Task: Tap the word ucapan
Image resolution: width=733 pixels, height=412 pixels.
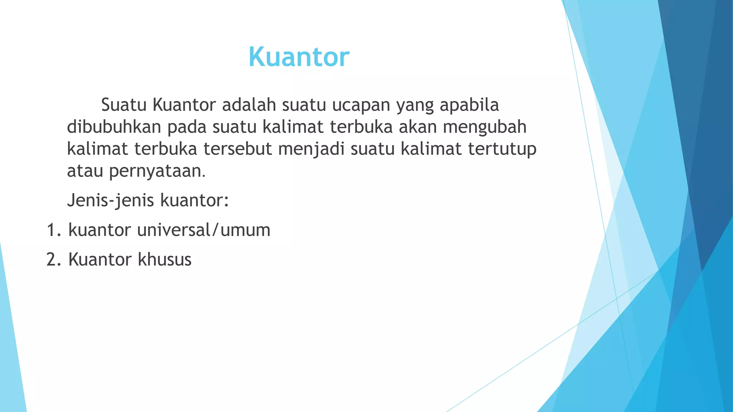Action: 361,105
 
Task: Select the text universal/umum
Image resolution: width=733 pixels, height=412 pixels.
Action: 204,230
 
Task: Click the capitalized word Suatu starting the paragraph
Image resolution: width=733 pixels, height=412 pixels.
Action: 124,105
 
